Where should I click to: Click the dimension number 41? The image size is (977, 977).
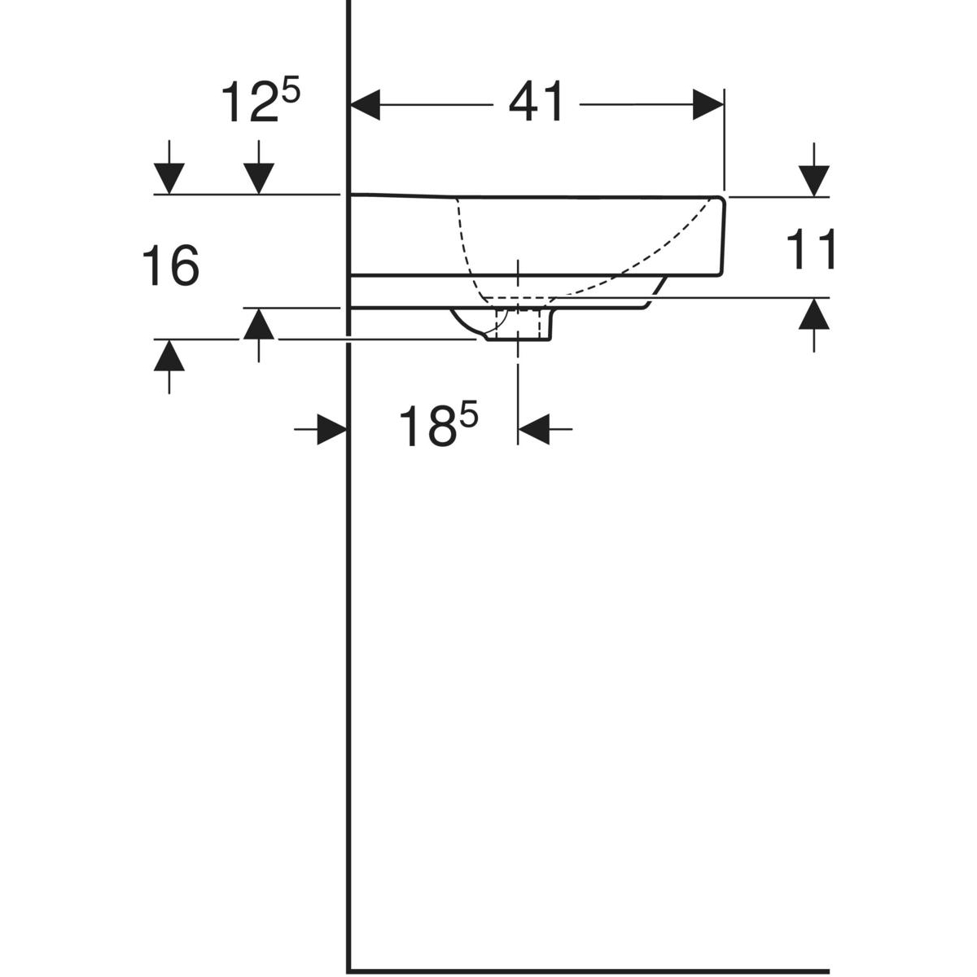tap(536, 102)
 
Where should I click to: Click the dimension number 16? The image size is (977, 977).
tap(171, 265)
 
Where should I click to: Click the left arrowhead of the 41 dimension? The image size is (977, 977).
tap(365, 105)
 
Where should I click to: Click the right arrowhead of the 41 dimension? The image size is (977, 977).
tap(708, 105)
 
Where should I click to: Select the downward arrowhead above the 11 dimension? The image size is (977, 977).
tap(813, 181)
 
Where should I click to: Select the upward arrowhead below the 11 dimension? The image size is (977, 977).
tap(813, 313)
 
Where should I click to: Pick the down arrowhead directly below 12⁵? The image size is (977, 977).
tap(259, 178)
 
